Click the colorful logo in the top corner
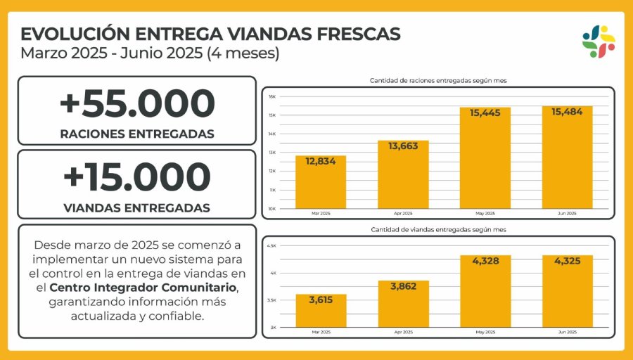599,41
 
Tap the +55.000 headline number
137,104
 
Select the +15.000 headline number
137,176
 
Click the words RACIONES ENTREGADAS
137,134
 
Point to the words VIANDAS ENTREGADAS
137,207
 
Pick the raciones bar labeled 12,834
321,183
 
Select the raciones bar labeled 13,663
403,175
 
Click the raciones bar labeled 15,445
485,158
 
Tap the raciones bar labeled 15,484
567,157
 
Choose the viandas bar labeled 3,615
321,311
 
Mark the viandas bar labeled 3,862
403,304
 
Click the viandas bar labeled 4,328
485,291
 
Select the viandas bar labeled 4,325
567,291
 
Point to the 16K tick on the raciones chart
272,96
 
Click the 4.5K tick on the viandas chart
272,245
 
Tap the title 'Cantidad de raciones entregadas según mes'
438,81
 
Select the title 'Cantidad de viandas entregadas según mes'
438,230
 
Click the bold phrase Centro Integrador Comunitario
143,288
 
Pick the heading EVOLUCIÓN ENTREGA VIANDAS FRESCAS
210,34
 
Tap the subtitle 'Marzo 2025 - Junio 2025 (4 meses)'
150,53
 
